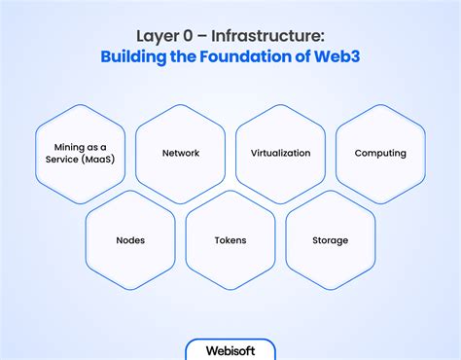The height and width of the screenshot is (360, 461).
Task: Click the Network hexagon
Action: click(180, 154)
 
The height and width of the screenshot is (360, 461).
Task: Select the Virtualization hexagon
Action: click(280, 154)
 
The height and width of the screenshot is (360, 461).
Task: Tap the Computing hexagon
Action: click(380, 154)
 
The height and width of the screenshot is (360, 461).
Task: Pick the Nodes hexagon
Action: click(130, 239)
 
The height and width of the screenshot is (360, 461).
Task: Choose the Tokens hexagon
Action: click(230, 239)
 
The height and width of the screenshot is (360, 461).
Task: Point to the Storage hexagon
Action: click(331, 239)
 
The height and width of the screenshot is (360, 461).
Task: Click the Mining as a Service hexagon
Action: click(80, 154)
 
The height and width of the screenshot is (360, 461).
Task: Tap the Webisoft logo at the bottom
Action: click(230, 349)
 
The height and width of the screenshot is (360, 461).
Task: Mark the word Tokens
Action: click(230, 240)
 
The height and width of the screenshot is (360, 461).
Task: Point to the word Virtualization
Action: click(280, 154)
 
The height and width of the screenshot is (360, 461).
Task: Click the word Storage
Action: click(331, 240)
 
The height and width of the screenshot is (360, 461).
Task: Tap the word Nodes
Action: click(130, 240)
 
